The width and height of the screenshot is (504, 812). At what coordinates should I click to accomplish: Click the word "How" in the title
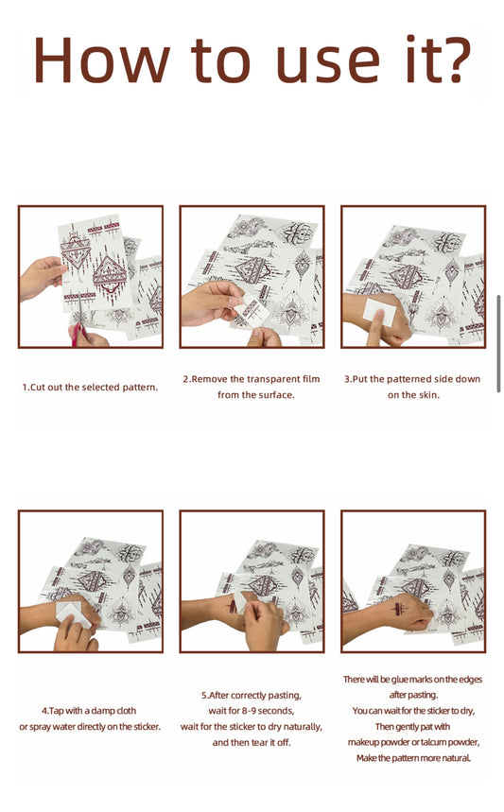pyautogui.click(x=101, y=60)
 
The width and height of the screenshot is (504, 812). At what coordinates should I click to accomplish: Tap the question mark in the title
pyautogui.click(x=455, y=60)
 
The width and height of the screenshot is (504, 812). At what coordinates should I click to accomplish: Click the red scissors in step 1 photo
pyautogui.click(x=78, y=333)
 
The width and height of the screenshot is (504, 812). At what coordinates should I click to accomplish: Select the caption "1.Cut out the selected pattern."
pyautogui.click(x=90, y=388)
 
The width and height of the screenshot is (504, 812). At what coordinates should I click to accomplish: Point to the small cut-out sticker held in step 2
pyautogui.click(x=253, y=312)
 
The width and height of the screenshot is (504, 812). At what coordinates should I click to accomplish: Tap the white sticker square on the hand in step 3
pyautogui.click(x=379, y=312)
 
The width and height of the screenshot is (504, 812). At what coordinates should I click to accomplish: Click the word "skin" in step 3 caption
pyautogui.click(x=426, y=395)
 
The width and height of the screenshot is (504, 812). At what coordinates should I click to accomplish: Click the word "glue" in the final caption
pyautogui.click(x=399, y=680)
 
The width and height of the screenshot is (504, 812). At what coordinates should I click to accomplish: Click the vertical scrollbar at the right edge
pyautogui.click(x=498, y=344)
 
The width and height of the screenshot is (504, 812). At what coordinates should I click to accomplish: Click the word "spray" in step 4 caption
pyautogui.click(x=41, y=727)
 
